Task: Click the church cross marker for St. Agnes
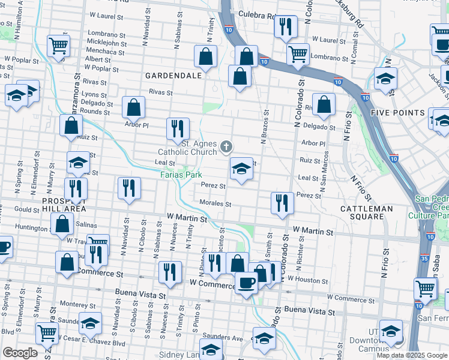click(226, 146)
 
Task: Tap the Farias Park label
click(179, 175)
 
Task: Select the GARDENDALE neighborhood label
click(171, 76)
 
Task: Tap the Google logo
click(20, 353)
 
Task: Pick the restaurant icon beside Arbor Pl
click(177, 128)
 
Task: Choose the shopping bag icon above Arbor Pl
click(133, 107)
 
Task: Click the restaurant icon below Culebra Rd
click(285, 26)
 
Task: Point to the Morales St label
click(215, 204)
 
